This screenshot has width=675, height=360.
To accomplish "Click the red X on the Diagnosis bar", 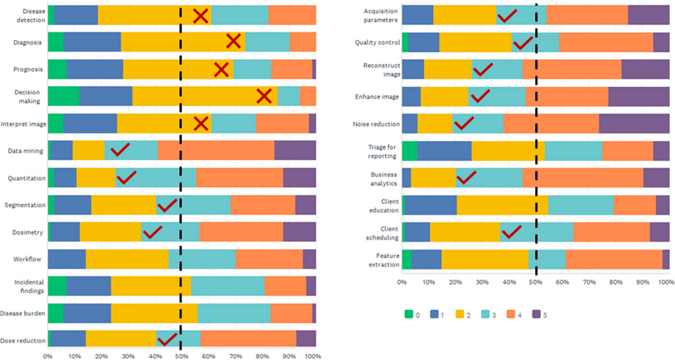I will point(234,41).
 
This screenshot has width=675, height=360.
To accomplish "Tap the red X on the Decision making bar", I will point(264,96).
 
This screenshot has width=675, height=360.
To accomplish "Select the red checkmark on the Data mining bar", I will point(120,150).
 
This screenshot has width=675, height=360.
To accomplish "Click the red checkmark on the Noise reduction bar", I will point(464,124).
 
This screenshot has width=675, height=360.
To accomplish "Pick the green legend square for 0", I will point(409,315).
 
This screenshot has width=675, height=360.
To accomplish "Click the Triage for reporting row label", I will point(382,152).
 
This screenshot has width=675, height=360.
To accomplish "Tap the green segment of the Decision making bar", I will point(63,96).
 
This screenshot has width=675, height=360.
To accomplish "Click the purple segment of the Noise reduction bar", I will point(634,124).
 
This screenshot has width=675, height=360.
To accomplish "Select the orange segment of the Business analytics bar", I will point(582,178).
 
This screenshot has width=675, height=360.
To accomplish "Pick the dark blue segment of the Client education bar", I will point(430,205).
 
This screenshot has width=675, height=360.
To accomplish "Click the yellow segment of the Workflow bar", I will point(127,259).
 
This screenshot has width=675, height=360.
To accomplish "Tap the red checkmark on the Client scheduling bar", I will point(511,231).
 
